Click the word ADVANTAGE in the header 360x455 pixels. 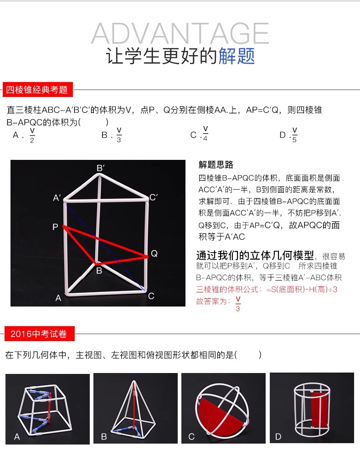coord(180,33)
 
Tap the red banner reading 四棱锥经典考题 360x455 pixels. coord(37,90)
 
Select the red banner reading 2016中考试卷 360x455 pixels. coord(40,334)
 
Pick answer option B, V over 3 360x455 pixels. coord(112,135)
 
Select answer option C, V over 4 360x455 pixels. coord(200,134)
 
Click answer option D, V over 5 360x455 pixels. coord(288,135)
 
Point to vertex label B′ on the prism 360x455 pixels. coord(100,168)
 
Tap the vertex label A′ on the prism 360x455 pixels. coord(57,198)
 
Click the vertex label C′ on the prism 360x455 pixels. coord(154,197)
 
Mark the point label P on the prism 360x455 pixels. coord(55,227)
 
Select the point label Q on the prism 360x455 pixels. coord(154,254)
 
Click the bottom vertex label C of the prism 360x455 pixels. coord(151,296)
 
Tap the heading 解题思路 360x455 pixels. coord(216,164)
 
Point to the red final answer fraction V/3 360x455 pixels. coord(238,304)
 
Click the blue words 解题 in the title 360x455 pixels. coord(237,56)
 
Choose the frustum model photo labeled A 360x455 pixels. coord(47,409)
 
